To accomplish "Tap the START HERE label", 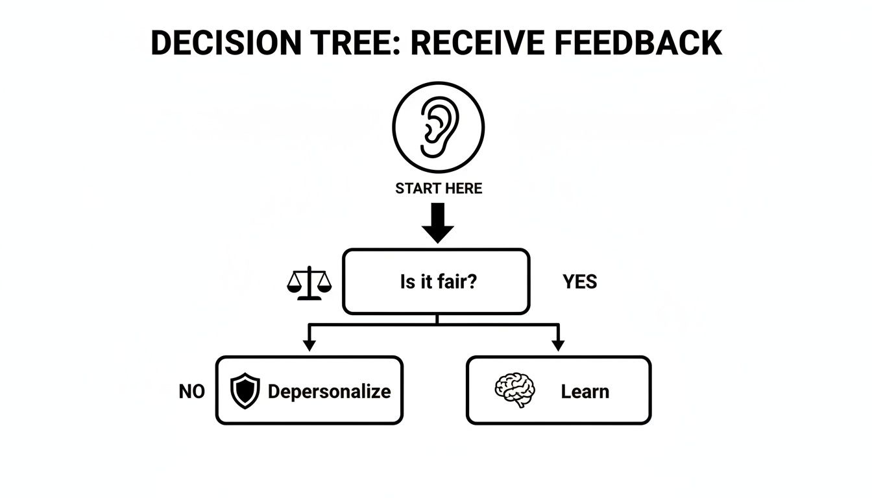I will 439,189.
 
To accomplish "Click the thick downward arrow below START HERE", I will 438,224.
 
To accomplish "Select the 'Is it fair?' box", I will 436,281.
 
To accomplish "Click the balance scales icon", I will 309,283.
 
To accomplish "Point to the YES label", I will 579,282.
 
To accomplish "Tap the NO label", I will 191,392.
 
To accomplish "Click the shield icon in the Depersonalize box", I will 245,391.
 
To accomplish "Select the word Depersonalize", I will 329,392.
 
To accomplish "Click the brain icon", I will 515,390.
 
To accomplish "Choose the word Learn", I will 585,392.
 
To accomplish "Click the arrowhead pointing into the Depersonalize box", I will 309,345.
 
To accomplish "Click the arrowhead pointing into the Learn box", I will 557,345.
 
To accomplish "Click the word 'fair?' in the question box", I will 455,282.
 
